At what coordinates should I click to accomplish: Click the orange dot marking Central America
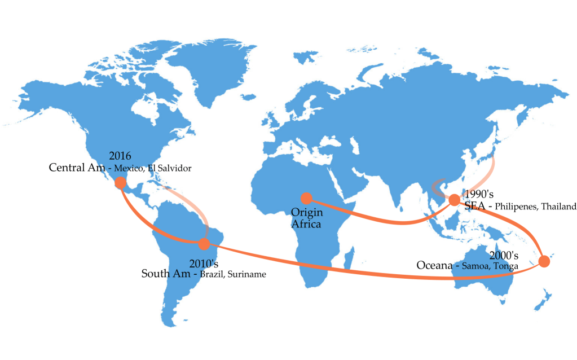(x=120, y=183)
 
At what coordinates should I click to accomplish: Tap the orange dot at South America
(x=204, y=244)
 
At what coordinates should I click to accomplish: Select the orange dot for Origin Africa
(x=306, y=198)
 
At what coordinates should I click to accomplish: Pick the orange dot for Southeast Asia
(x=454, y=200)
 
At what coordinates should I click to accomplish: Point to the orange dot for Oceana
(x=544, y=261)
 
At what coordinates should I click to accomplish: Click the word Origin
(x=306, y=213)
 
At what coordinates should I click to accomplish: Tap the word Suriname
(x=246, y=275)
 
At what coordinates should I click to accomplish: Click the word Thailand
(x=558, y=207)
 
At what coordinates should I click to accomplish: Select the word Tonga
(x=506, y=266)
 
